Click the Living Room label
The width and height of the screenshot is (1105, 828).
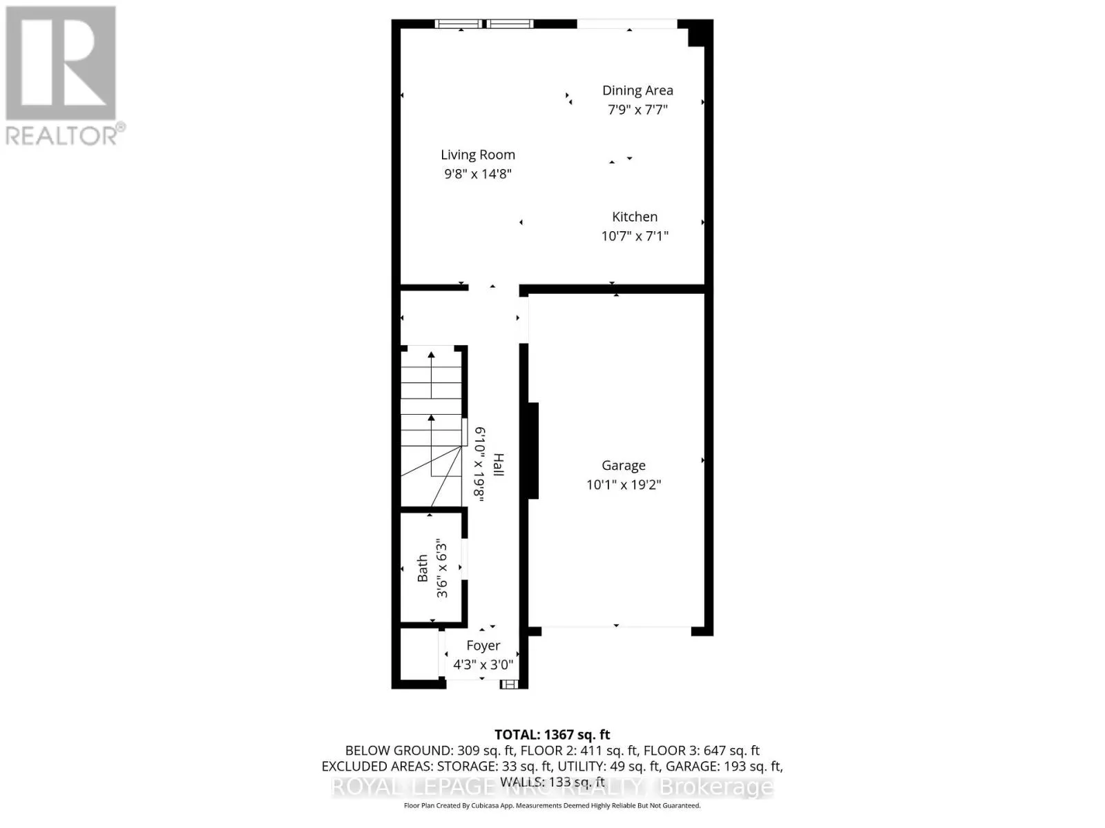478,155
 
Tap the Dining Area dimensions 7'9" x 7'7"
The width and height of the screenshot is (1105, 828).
637,109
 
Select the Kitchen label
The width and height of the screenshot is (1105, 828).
635,217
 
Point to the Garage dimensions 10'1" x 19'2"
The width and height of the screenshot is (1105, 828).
624,484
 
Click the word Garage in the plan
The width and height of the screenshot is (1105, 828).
624,466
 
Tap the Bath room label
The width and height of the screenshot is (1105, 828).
423,569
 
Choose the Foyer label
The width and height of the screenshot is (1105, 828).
483,646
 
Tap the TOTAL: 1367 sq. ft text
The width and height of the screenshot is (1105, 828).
552,735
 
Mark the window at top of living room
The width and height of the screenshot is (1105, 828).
484,24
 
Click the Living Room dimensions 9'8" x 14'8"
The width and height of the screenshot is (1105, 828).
478,174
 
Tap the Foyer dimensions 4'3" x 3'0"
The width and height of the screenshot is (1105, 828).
483,665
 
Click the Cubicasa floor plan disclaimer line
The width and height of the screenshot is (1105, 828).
552,806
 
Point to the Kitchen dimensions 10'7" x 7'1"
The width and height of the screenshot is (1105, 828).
635,236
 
